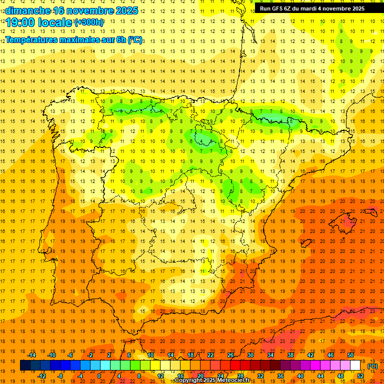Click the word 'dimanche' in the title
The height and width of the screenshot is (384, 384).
(x=28, y=10)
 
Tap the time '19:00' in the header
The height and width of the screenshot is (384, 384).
(x=20, y=22)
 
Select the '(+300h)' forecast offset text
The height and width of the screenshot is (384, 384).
(x=89, y=22)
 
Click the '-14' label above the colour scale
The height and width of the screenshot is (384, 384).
(x=31, y=355)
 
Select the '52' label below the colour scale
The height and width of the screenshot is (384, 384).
(x=361, y=376)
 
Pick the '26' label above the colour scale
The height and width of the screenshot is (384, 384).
(x=230, y=355)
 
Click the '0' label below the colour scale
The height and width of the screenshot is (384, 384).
(x=99, y=376)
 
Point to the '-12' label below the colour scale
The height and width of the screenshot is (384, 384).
(x=41, y=376)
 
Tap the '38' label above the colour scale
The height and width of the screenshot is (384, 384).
(x=290, y=355)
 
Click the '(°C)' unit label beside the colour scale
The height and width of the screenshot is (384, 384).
(x=372, y=366)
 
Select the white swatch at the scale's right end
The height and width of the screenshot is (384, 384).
(x=355, y=365)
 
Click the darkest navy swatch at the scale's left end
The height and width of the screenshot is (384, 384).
(x=25, y=365)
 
